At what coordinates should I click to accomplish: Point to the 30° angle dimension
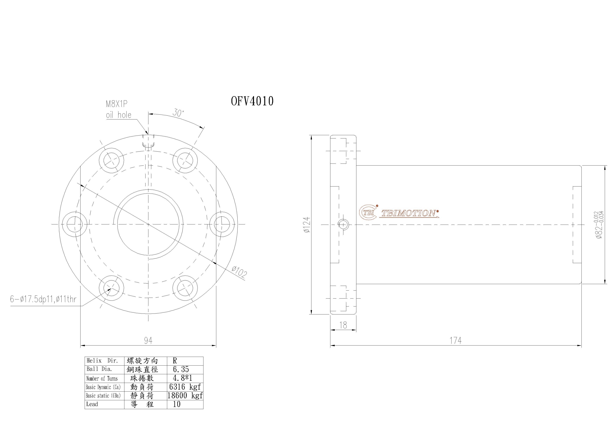pyautogui.click(x=178, y=113)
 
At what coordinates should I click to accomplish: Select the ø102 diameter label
pyautogui.click(x=239, y=272)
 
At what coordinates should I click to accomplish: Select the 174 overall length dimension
pyautogui.click(x=455, y=340)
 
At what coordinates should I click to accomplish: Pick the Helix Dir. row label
pyautogui.click(x=102, y=361)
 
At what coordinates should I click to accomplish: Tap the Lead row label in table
pyautogui.click(x=92, y=404)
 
